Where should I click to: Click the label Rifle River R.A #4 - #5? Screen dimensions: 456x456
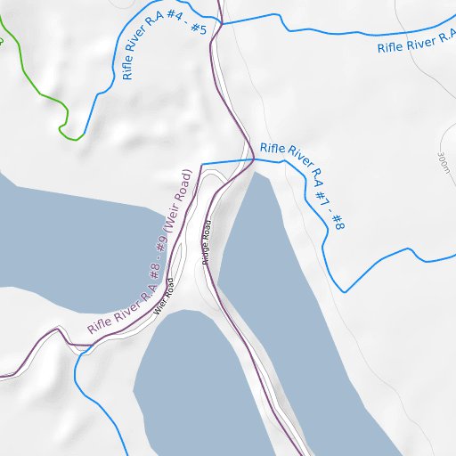point(165,50)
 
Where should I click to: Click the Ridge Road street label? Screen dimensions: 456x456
point(207,242)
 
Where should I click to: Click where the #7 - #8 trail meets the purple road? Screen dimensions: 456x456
point(255,159)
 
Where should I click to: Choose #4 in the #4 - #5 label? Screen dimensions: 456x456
point(175,39)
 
